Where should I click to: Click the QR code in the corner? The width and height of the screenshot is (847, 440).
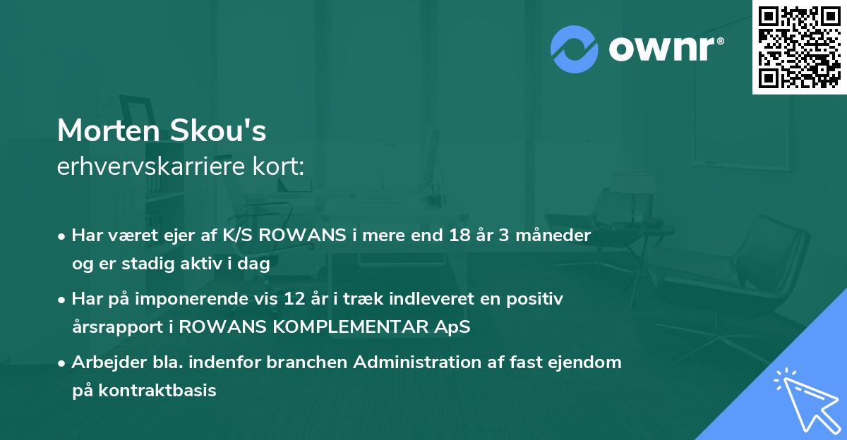799,47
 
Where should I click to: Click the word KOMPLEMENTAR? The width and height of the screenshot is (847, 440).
373,327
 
